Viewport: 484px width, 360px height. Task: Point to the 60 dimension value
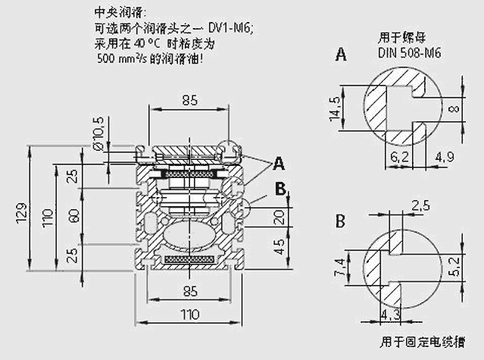(73, 215)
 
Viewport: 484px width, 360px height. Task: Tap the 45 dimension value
(280, 247)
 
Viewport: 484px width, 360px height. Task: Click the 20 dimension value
(280, 218)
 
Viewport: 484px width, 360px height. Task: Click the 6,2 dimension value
(401, 157)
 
